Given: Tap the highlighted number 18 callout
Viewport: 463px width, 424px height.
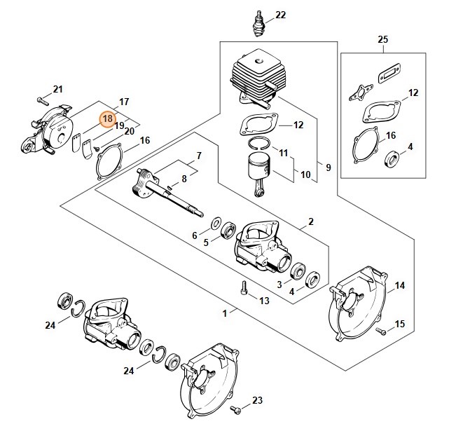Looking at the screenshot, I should pyautogui.click(x=107, y=119).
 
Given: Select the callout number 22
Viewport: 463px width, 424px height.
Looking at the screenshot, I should pyautogui.click(x=281, y=15).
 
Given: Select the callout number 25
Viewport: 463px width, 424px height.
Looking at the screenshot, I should pyautogui.click(x=382, y=39).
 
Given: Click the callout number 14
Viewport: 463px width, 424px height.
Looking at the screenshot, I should pyautogui.click(x=400, y=285).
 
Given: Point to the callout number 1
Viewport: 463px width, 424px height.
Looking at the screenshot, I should pyautogui.click(x=225, y=313).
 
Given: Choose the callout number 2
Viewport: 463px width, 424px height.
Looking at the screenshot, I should pyautogui.click(x=310, y=223).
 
